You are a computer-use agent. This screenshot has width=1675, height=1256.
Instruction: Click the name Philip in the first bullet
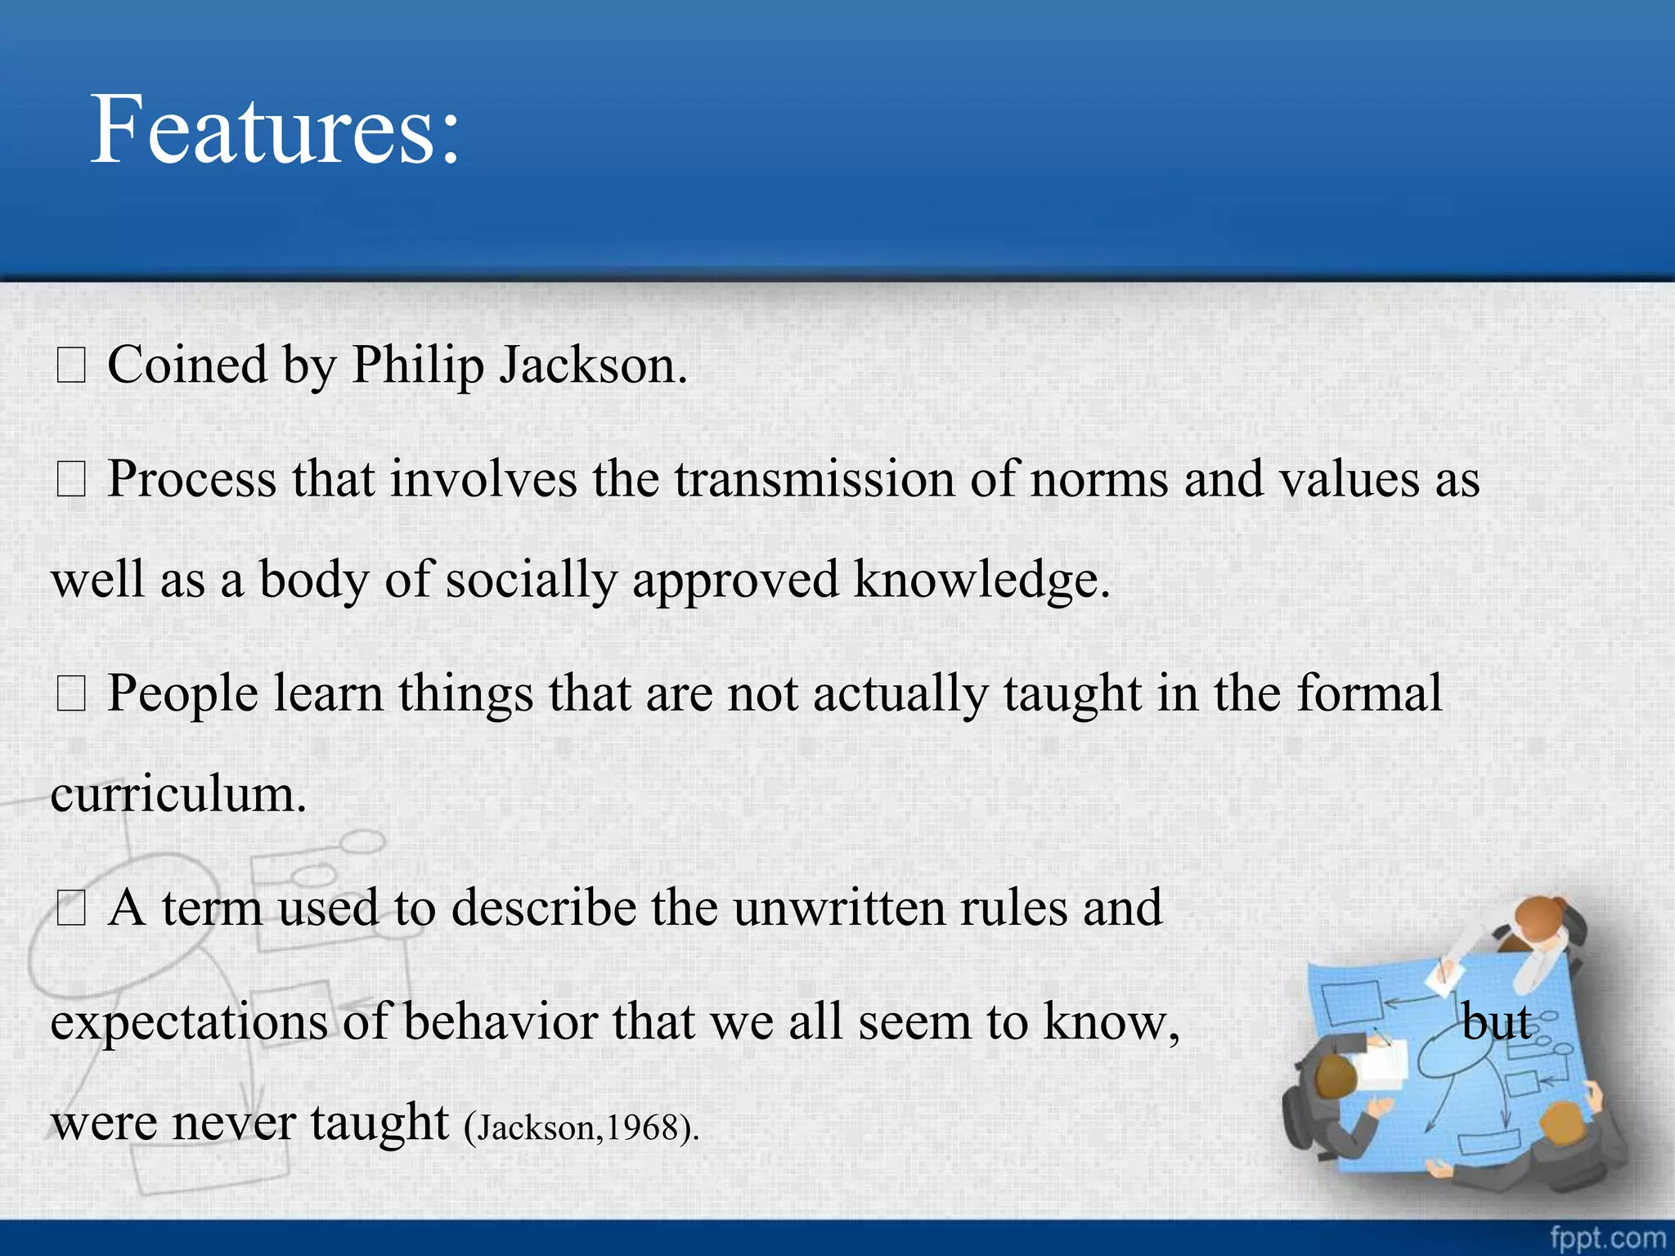click(418, 365)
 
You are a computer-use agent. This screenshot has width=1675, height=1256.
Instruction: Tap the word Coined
click(187, 365)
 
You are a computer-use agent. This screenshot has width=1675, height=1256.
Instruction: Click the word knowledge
click(981, 581)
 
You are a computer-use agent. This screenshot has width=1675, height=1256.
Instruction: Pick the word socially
click(532, 581)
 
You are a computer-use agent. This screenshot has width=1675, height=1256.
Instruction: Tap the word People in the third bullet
click(182, 694)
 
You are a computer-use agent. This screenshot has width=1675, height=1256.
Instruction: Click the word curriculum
click(177, 794)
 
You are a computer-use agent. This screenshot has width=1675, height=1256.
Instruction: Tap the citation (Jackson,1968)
click(582, 1128)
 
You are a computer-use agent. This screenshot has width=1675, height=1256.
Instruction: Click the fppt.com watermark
click(1607, 1237)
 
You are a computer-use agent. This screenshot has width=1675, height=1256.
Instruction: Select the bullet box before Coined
click(70, 366)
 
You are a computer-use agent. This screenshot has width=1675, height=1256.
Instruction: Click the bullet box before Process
click(70, 481)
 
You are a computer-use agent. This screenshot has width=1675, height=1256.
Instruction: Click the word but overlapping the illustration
click(1497, 1023)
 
